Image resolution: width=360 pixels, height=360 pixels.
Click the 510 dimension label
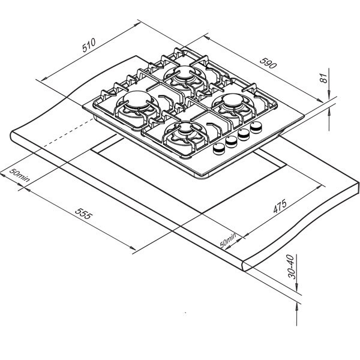point(89,45)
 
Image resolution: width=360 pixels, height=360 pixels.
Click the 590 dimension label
point(268,63)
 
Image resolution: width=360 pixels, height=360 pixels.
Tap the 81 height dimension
point(323,78)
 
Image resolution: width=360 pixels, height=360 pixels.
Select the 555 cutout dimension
point(84,214)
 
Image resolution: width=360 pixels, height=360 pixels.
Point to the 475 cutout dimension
point(280,206)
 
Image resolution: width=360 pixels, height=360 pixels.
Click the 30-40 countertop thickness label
point(292,266)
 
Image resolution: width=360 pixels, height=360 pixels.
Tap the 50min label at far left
point(20,175)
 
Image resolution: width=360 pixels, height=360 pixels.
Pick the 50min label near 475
point(228,241)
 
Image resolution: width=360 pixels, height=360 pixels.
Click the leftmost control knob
point(219,149)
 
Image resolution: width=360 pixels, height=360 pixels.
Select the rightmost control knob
point(256,127)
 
